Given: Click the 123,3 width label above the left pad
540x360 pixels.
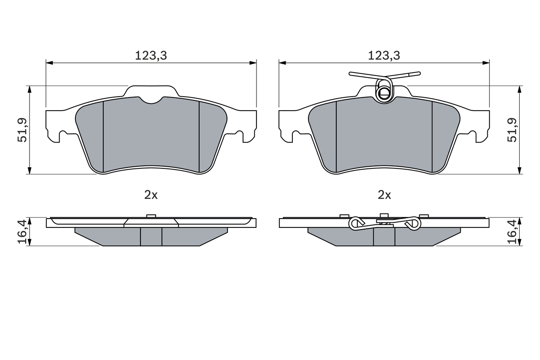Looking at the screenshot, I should point(151,55).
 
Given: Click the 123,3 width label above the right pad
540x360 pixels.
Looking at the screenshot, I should point(384,55).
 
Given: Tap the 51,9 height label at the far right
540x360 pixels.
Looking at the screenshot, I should point(512,130).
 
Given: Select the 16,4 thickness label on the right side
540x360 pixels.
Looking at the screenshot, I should point(512,231).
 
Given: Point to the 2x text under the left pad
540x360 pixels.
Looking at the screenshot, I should point(151,195).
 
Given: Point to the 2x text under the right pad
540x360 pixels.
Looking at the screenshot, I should point(384,195).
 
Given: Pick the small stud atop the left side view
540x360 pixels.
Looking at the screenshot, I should point(151,216).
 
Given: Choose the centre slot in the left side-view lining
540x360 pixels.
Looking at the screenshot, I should point(151,237).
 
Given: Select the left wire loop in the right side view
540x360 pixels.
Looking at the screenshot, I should point(356,224).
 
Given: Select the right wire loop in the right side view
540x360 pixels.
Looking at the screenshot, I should point(413,224).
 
